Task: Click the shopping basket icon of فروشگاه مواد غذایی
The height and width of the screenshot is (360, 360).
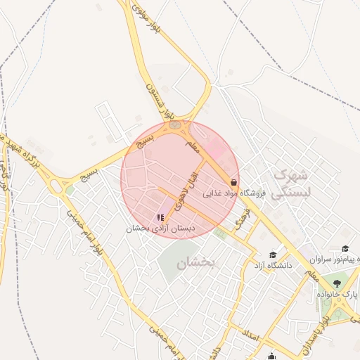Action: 233,182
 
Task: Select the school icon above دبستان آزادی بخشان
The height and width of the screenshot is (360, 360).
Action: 160,218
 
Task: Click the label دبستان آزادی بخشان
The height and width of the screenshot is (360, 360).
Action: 160,229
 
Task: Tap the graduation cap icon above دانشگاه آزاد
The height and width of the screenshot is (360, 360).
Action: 273,255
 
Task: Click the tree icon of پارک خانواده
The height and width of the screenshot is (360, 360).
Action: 337,283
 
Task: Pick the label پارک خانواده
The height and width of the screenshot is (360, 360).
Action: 337,294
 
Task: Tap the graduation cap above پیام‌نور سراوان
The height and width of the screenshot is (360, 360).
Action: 345,249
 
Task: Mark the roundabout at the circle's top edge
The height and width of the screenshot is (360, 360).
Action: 174,126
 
